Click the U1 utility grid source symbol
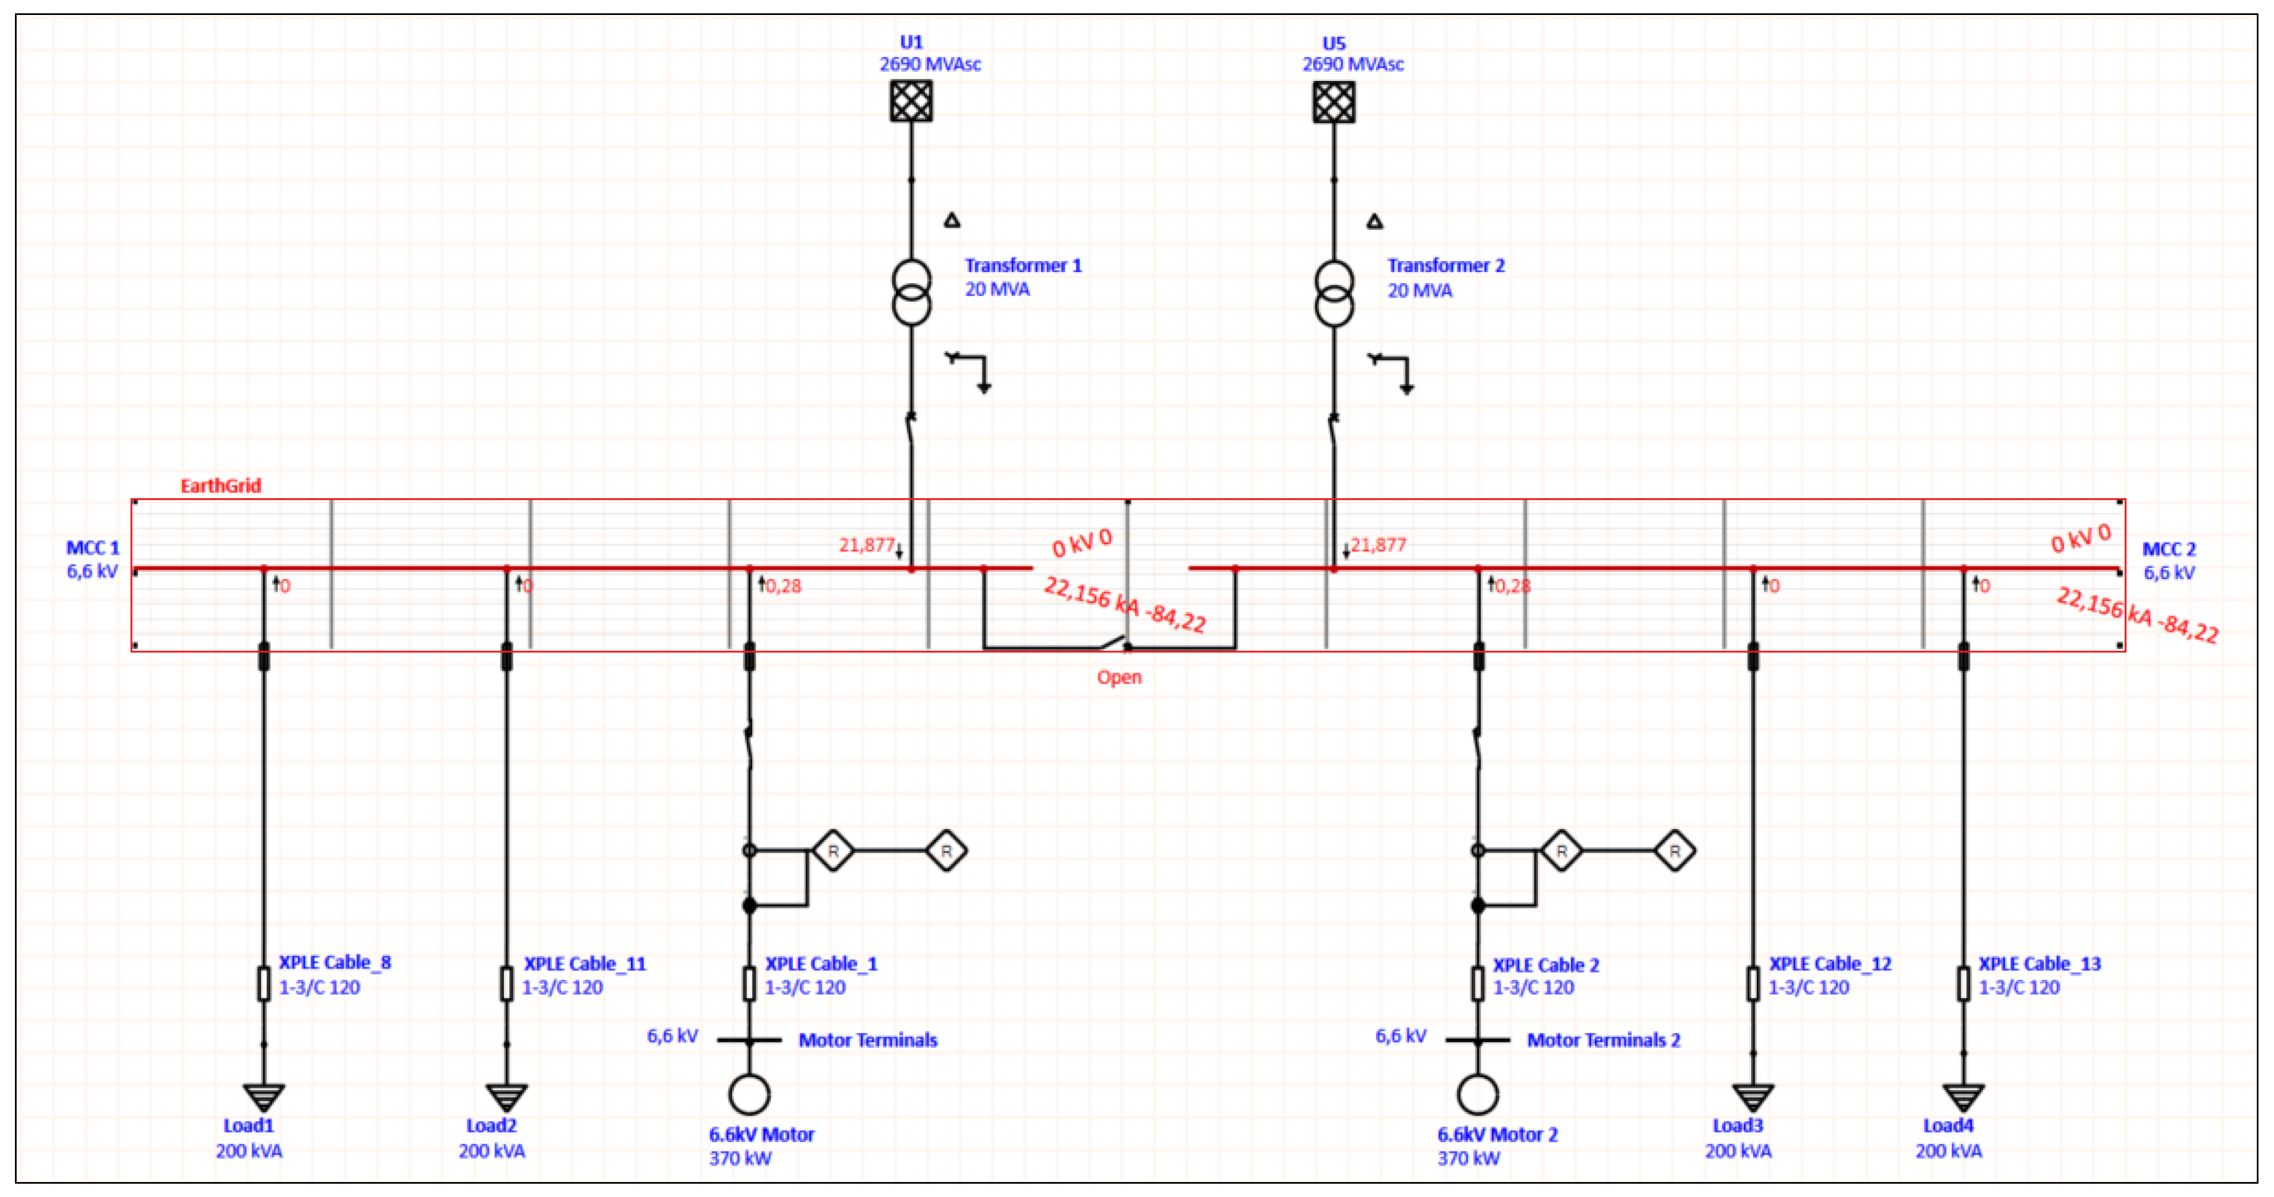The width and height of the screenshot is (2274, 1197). pyautogui.click(x=911, y=101)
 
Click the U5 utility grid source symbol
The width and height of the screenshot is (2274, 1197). pyautogui.click(x=1333, y=101)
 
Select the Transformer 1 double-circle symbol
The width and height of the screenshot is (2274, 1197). pyautogui.click(x=911, y=292)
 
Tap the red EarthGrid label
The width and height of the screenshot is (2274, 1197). pyautogui.click(x=221, y=485)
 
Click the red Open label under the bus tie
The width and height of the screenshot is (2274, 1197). pyautogui.click(x=1119, y=677)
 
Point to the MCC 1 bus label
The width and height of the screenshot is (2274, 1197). pyautogui.click(x=93, y=548)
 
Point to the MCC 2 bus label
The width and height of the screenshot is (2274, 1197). pyautogui.click(x=2168, y=549)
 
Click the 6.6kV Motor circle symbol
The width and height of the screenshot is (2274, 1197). pyautogui.click(x=748, y=1094)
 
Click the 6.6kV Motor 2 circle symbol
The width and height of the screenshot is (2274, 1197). pyautogui.click(x=1477, y=1094)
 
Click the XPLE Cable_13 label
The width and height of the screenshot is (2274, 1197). pyautogui.click(x=2039, y=964)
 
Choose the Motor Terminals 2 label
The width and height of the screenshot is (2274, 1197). pyautogui.click(x=1603, y=1040)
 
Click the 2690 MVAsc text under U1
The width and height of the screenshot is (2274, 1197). pyautogui.click(x=930, y=64)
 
